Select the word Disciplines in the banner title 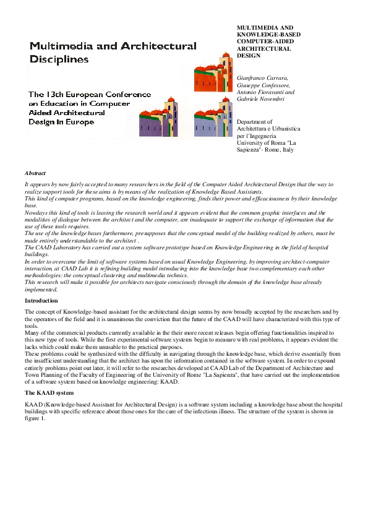(59, 59)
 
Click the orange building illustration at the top (214, 72)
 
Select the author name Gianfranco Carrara (263, 78)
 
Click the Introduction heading (41, 301)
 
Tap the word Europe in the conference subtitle (81, 122)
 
